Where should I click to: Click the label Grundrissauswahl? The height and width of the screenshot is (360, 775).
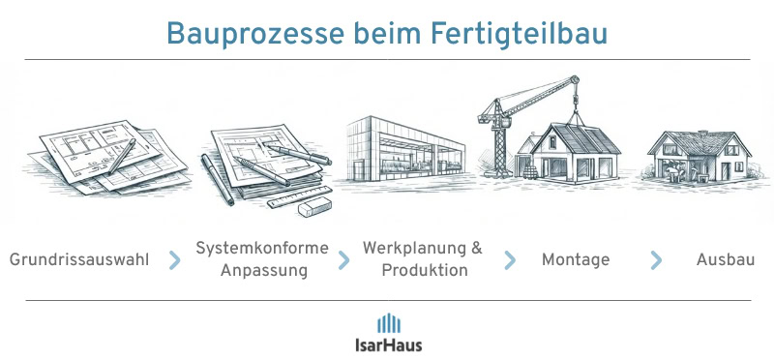click(79, 260)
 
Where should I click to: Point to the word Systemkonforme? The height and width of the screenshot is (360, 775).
click(262, 249)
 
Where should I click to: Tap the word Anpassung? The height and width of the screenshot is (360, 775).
click(263, 271)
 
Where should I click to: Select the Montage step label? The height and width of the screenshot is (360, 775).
click(575, 260)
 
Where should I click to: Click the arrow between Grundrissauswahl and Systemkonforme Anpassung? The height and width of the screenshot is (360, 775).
click(174, 260)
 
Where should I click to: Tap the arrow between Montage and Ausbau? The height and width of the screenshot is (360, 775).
click(657, 260)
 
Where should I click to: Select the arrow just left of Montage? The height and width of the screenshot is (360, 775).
click(509, 260)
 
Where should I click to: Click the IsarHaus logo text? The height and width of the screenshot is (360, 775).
click(388, 344)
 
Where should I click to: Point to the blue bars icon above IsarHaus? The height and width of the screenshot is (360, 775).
click(388, 322)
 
